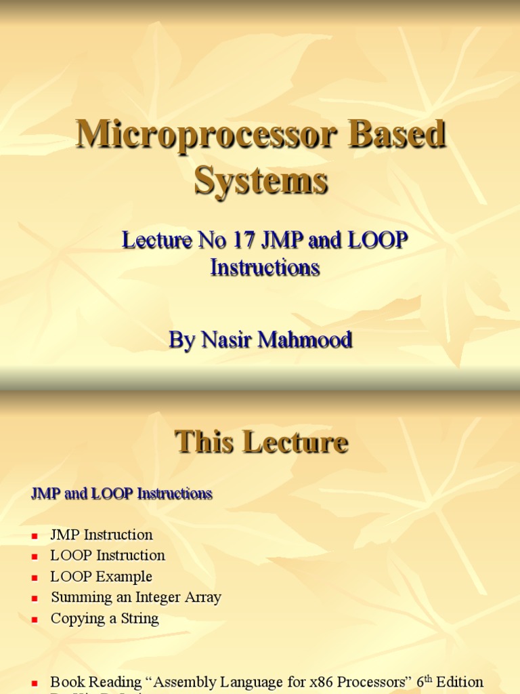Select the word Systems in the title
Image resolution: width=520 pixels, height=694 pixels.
pyautogui.click(x=261, y=181)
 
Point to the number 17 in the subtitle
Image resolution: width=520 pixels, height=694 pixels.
pyautogui.click(x=244, y=240)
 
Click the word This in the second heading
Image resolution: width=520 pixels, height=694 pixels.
pyautogui.click(x=205, y=443)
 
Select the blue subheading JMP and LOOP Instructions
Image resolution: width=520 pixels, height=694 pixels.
pyautogui.click(x=122, y=494)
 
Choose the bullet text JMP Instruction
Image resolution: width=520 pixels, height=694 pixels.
pyautogui.click(x=102, y=535)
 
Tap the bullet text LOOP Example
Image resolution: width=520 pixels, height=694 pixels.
pyautogui.click(x=102, y=577)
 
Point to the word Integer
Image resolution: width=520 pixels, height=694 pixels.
pyautogui.click(x=157, y=598)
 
